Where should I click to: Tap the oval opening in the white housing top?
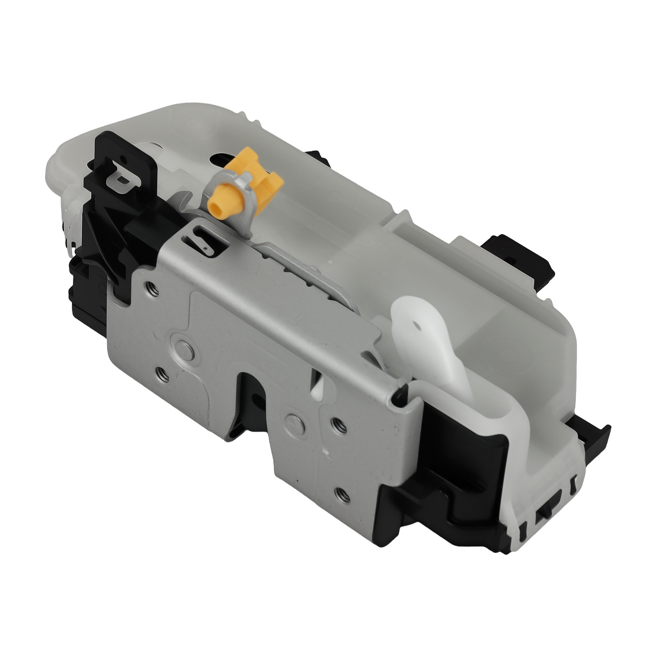pos(224,158)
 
